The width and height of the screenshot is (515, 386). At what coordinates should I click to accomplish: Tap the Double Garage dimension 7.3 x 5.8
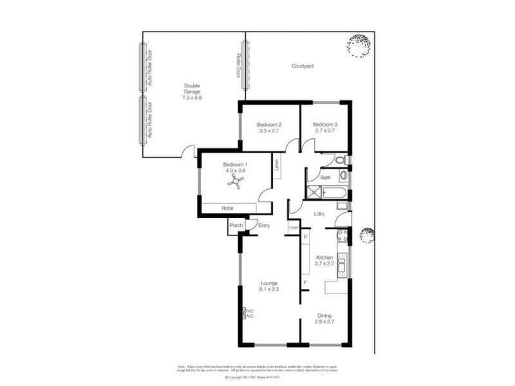tap(192, 98)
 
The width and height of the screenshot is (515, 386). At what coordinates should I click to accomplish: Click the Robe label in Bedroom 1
tap(227, 208)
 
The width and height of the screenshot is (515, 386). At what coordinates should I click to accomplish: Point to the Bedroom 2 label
tap(269, 124)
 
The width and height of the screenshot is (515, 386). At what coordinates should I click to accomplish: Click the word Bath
tap(326, 178)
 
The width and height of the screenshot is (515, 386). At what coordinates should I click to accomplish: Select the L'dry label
tap(319, 214)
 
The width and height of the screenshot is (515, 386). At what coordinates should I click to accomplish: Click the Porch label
tap(236, 225)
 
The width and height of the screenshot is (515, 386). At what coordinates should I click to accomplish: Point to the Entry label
tap(264, 225)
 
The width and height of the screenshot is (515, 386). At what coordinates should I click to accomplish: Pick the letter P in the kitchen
tap(305, 237)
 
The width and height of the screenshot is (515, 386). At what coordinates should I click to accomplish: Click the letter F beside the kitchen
tap(305, 282)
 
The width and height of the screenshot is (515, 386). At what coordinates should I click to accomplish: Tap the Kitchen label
tap(324, 257)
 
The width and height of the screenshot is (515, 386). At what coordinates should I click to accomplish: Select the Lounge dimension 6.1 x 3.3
tap(268, 289)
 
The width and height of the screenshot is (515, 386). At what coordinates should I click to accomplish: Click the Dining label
tap(324, 315)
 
